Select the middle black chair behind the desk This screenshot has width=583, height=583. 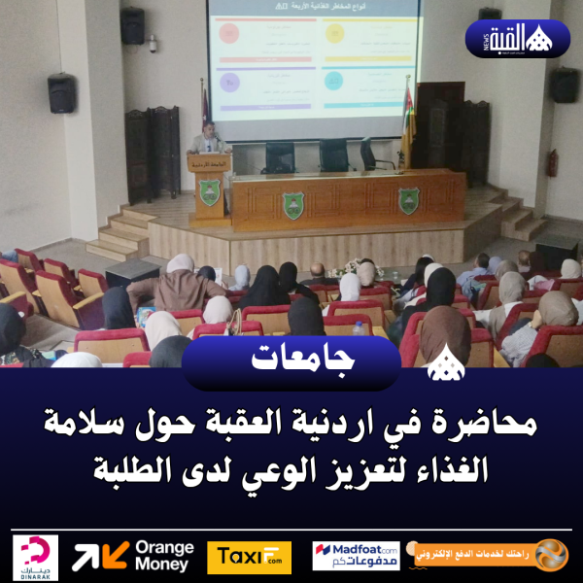pos(333,155)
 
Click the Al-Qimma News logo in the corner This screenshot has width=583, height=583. pos(518,39)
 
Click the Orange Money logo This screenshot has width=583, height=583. pos(133,557)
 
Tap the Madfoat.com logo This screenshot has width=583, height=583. pos(356,557)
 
